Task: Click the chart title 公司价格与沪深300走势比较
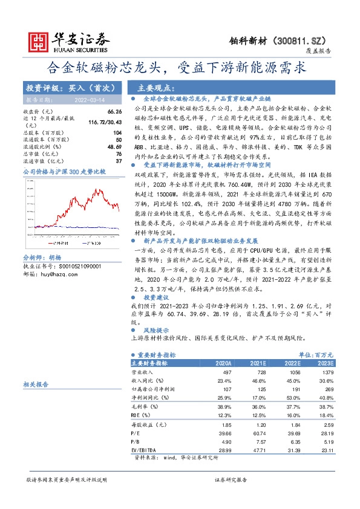[x=64, y=172]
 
